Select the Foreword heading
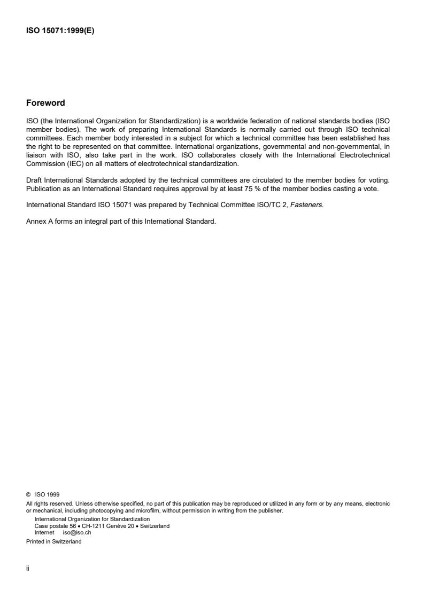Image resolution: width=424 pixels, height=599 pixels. [45, 103]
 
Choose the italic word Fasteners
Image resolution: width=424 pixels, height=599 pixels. [310, 203]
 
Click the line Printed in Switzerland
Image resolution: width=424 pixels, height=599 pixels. [54, 539]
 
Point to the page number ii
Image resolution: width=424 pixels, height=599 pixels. [27, 569]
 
